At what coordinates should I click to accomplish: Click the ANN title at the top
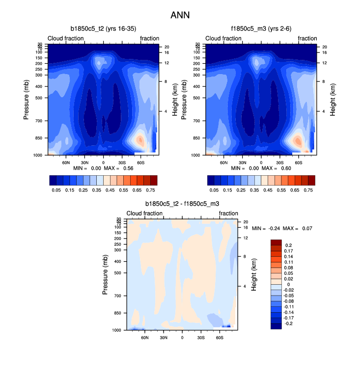click(x=180, y=15)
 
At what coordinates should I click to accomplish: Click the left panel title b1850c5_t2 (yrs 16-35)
click(x=103, y=29)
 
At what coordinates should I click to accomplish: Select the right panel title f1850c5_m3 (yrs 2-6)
click(x=261, y=29)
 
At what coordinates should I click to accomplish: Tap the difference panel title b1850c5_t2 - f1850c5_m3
click(x=182, y=204)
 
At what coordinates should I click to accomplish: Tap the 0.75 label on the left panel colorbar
click(x=151, y=189)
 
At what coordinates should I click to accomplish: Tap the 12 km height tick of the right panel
click(x=324, y=63)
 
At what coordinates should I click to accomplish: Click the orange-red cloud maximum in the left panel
click(x=140, y=140)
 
